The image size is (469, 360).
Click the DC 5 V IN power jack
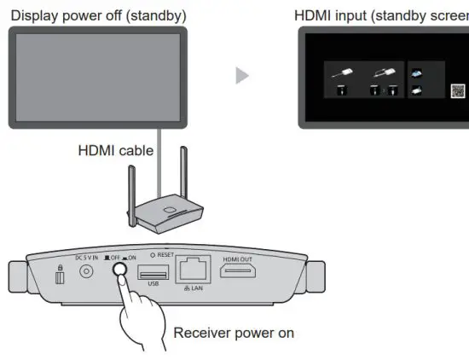(x=85, y=270)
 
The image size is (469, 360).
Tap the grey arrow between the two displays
(x=242, y=76)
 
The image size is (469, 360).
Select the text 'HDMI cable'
(x=116, y=151)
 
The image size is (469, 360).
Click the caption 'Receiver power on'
(x=234, y=332)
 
